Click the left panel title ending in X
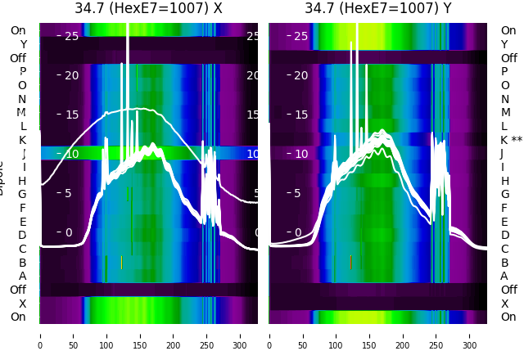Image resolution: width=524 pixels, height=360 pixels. (148, 9)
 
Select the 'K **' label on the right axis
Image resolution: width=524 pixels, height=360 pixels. (511, 140)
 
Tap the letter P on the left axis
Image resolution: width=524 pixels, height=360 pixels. (22, 72)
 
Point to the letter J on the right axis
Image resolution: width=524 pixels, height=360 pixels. (502, 154)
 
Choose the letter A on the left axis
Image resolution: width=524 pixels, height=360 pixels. (22, 277)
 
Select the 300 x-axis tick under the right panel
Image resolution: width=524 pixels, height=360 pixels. (470, 335)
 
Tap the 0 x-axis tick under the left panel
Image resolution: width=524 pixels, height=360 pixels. (40, 335)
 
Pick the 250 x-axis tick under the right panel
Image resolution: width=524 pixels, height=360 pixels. (436, 335)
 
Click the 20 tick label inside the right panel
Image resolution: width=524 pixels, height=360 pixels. (300, 75)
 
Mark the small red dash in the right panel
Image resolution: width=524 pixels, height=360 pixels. (350, 263)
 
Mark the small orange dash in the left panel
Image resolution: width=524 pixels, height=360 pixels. (121, 263)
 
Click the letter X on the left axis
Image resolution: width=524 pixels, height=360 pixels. (22, 304)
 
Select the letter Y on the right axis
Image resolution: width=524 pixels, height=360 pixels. (504, 44)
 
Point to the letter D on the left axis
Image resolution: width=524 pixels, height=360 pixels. (22, 236)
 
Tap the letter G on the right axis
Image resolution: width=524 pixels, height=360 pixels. (504, 195)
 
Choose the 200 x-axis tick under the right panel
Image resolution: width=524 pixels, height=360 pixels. (403, 335)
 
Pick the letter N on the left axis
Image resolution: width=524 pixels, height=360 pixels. (22, 99)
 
